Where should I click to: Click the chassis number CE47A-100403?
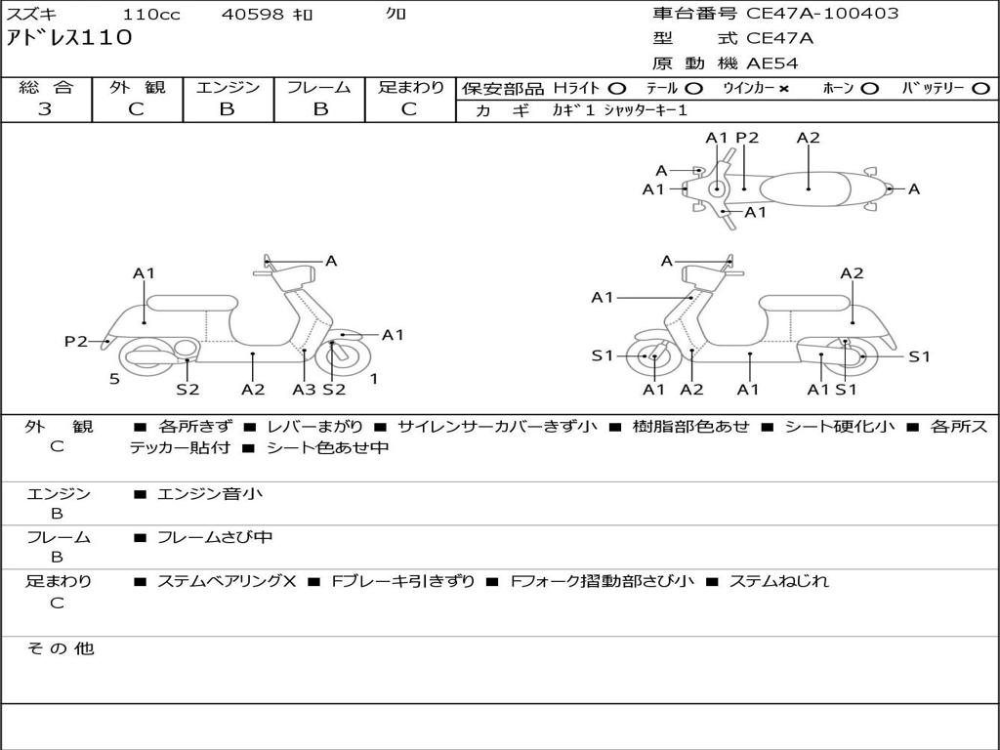[x=822, y=14]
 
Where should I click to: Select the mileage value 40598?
[x=253, y=15]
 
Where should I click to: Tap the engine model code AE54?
[x=772, y=63]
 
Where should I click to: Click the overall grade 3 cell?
[x=46, y=109]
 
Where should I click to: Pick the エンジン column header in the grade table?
[x=228, y=87]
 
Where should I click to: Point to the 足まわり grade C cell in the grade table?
[x=409, y=109]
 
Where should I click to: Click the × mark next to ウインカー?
[x=784, y=89]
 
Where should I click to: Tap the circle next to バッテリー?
[x=981, y=89]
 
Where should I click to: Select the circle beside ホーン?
[x=870, y=89]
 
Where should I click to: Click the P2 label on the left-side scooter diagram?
[x=76, y=341]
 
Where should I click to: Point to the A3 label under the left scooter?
[x=304, y=390]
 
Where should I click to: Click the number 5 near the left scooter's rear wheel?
[x=114, y=379]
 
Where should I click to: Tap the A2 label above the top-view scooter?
[x=809, y=138]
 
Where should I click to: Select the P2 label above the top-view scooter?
[x=747, y=138]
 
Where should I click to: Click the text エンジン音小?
[x=210, y=494]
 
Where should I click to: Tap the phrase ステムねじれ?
[x=779, y=581]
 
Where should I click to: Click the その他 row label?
[x=60, y=648]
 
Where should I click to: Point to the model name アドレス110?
[x=69, y=38]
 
